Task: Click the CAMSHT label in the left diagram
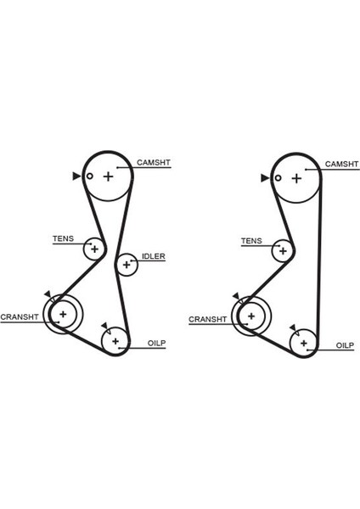click(154, 162)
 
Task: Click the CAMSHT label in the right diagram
click(342, 165)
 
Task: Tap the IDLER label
click(154, 256)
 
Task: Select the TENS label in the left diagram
click(63, 239)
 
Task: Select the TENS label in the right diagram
click(251, 241)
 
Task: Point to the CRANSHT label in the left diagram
click(20, 316)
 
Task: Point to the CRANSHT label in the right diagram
click(208, 320)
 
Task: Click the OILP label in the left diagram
click(156, 343)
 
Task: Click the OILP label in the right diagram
click(345, 345)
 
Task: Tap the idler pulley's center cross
click(127, 265)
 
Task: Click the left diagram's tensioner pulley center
click(94, 249)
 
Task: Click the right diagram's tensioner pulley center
click(283, 251)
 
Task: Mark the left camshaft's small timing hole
click(90, 176)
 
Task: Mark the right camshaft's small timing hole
click(278, 178)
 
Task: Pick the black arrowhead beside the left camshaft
click(76, 176)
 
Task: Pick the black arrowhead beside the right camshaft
click(265, 178)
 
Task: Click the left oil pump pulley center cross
click(115, 341)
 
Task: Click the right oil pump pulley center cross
click(304, 343)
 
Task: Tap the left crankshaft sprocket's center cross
click(63, 314)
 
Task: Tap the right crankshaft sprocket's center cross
click(251, 316)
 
